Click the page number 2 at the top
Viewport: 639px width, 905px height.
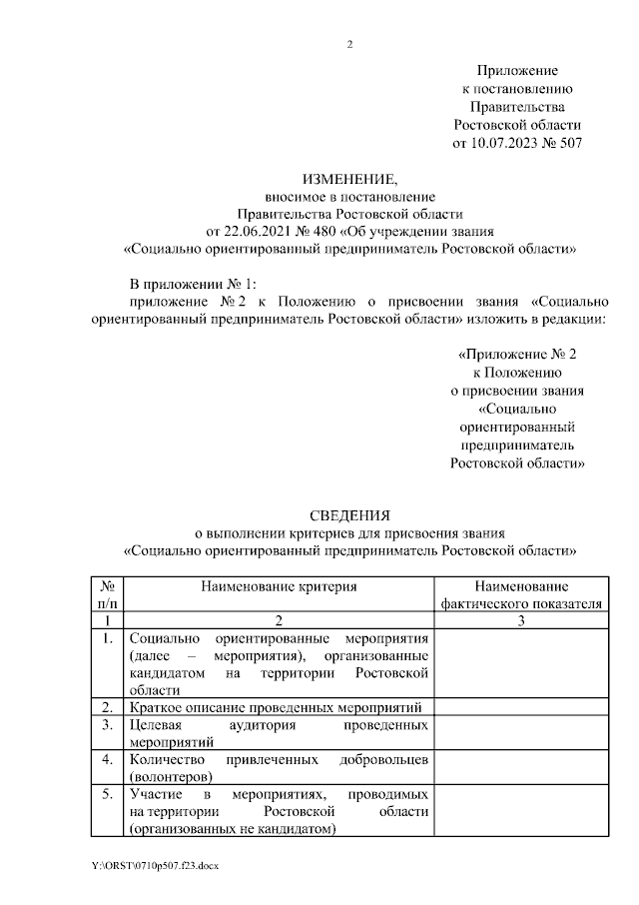[x=349, y=44]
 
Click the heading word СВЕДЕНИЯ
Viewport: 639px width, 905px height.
[x=349, y=515]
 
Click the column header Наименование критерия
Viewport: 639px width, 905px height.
[x=279, y=587]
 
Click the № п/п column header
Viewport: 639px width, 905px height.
[x=107, y=595]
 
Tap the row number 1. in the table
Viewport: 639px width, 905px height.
[x=107, y=638]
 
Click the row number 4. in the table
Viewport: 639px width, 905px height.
[x=107, y=760]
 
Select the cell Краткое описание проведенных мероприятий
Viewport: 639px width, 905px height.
[x=279, y=707]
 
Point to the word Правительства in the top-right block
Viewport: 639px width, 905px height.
[x=516, y=107]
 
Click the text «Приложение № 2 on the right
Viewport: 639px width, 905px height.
[x=516, y=355]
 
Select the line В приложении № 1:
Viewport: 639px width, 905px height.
[x=194, y=284]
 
